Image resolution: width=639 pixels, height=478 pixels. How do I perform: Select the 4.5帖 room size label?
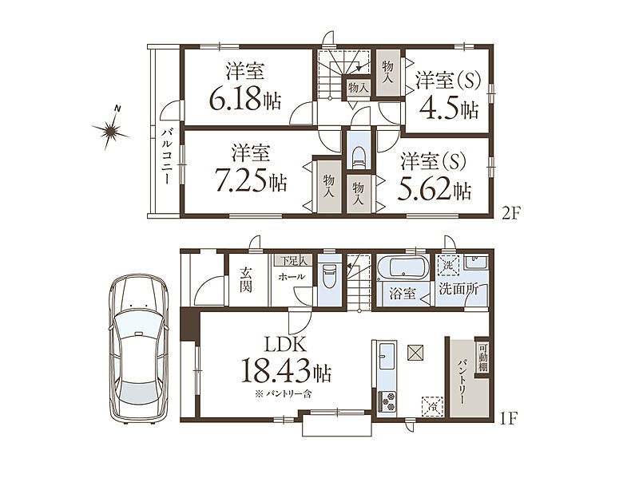point(448,108)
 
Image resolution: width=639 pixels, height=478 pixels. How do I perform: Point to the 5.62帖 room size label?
point(434,189)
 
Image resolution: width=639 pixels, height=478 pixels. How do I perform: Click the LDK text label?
point(285,346)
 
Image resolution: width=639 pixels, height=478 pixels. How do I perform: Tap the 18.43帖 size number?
point(287,370)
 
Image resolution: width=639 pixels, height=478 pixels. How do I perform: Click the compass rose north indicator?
point(110,129)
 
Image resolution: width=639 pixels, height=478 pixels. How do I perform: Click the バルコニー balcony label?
point(166,156)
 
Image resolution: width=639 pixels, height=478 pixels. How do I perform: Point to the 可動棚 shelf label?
point(482,358)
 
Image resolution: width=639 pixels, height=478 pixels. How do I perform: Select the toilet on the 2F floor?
point(359,157)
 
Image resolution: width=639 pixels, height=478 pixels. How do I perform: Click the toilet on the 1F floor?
point(328,277)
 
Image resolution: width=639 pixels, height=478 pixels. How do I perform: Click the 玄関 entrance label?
point(245,280)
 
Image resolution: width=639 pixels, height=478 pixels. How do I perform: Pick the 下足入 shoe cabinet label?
point(292,260)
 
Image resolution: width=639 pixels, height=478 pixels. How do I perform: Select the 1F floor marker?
point(508,418)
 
